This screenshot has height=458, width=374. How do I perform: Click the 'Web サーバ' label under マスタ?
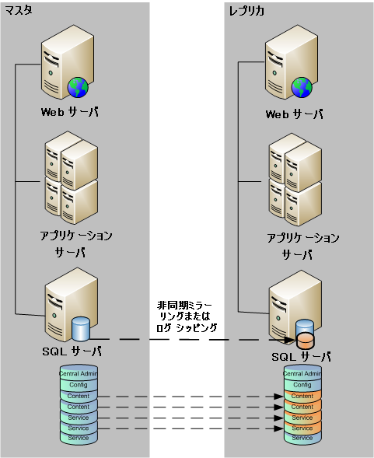70,111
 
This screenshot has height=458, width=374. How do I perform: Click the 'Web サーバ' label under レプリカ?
294,114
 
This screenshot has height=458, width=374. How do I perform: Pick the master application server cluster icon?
70,178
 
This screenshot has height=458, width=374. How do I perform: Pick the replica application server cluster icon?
293,180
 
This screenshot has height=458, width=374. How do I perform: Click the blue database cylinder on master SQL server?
81,329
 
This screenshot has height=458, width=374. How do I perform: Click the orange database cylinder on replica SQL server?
305,340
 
